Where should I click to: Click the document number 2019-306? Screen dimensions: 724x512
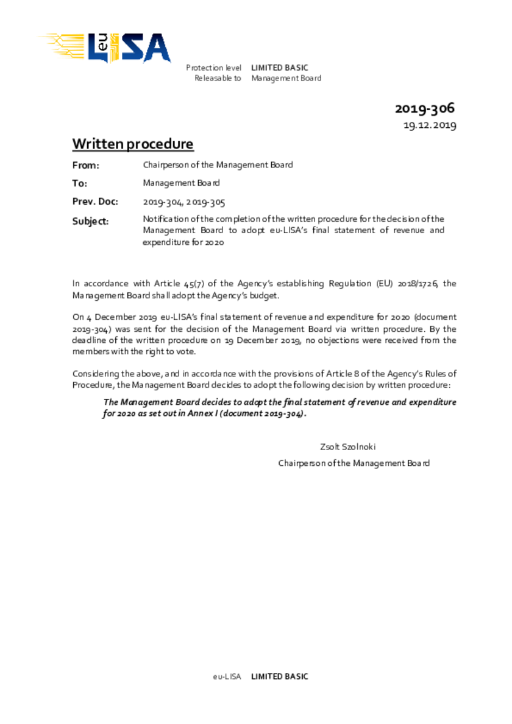click(425, 109)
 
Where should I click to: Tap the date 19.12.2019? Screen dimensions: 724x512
click(430, 125)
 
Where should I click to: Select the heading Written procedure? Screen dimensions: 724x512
click(133, 144)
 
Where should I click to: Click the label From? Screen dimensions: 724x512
click(85, 165)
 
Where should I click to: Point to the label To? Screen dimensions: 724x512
click(80, 183)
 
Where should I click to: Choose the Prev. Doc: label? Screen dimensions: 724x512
click(95, 202)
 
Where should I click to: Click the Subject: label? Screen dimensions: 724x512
click(91, 221)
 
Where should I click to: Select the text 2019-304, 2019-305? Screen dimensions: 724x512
click(184, 202)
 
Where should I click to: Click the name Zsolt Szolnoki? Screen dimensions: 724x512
click(352, 446)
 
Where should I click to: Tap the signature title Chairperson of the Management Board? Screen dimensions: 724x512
click(354, 463)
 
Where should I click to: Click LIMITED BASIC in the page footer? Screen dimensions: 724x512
click(280, 677)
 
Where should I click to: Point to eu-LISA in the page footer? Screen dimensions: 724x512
click(227, 677)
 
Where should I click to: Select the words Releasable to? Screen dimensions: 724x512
click(218, 78)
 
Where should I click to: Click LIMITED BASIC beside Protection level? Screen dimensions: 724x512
click(280, 68)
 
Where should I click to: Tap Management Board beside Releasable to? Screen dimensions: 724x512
click(286, 78)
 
